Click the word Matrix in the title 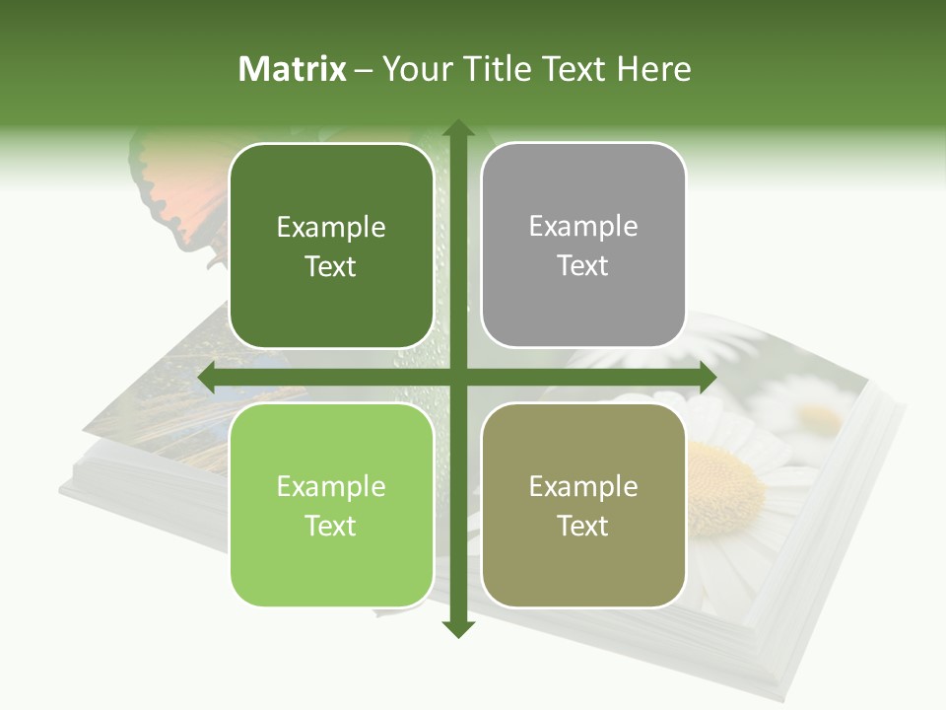click(x=293, y=69)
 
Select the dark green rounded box click(x=331, y=247)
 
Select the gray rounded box click(x=583, y=247)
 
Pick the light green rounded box click(x=331, y=505)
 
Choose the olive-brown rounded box click(x=583, y=505)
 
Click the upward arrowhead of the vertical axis click(x=457, y=129)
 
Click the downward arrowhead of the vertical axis click(x=457, y=627)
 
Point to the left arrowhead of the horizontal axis click(x=208, y=377)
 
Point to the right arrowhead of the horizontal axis click(x=707, y=377)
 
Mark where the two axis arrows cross click(x=457, y=377)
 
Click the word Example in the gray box click(x=583, y=227)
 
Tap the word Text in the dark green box click(x=331, y=267)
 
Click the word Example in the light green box click(x=331, y=486)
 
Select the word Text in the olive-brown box click(x=583, y=527)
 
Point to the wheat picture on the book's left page click(x=168, y=414)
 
